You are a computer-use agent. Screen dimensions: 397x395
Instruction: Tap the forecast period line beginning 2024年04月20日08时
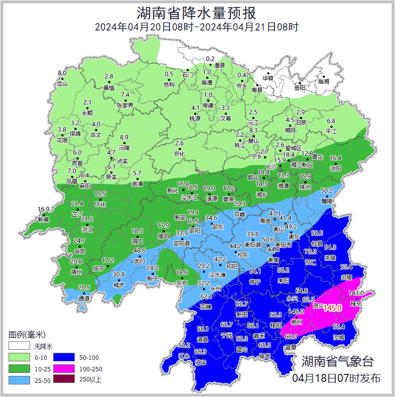coord(197,27)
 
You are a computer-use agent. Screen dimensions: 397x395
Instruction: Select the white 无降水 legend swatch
coord(19,347)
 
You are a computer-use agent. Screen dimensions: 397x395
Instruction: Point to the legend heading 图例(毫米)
coord(27,335)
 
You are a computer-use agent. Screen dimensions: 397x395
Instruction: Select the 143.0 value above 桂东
coord(355,293)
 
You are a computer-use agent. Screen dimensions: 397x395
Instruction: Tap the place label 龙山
coord(62,83)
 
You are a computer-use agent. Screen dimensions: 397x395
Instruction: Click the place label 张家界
coord(125,105)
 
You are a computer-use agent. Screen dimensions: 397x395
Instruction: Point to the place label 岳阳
coord(300,88)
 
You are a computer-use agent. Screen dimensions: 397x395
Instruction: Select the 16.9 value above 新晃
coord(44,209)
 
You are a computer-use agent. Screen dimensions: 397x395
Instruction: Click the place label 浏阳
coord(335,169)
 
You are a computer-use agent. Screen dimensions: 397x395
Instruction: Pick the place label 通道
coord(84,298)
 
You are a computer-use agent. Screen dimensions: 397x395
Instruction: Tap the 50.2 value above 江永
coord(184,345)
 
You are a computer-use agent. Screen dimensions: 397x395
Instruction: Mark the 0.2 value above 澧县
coord(210,59)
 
